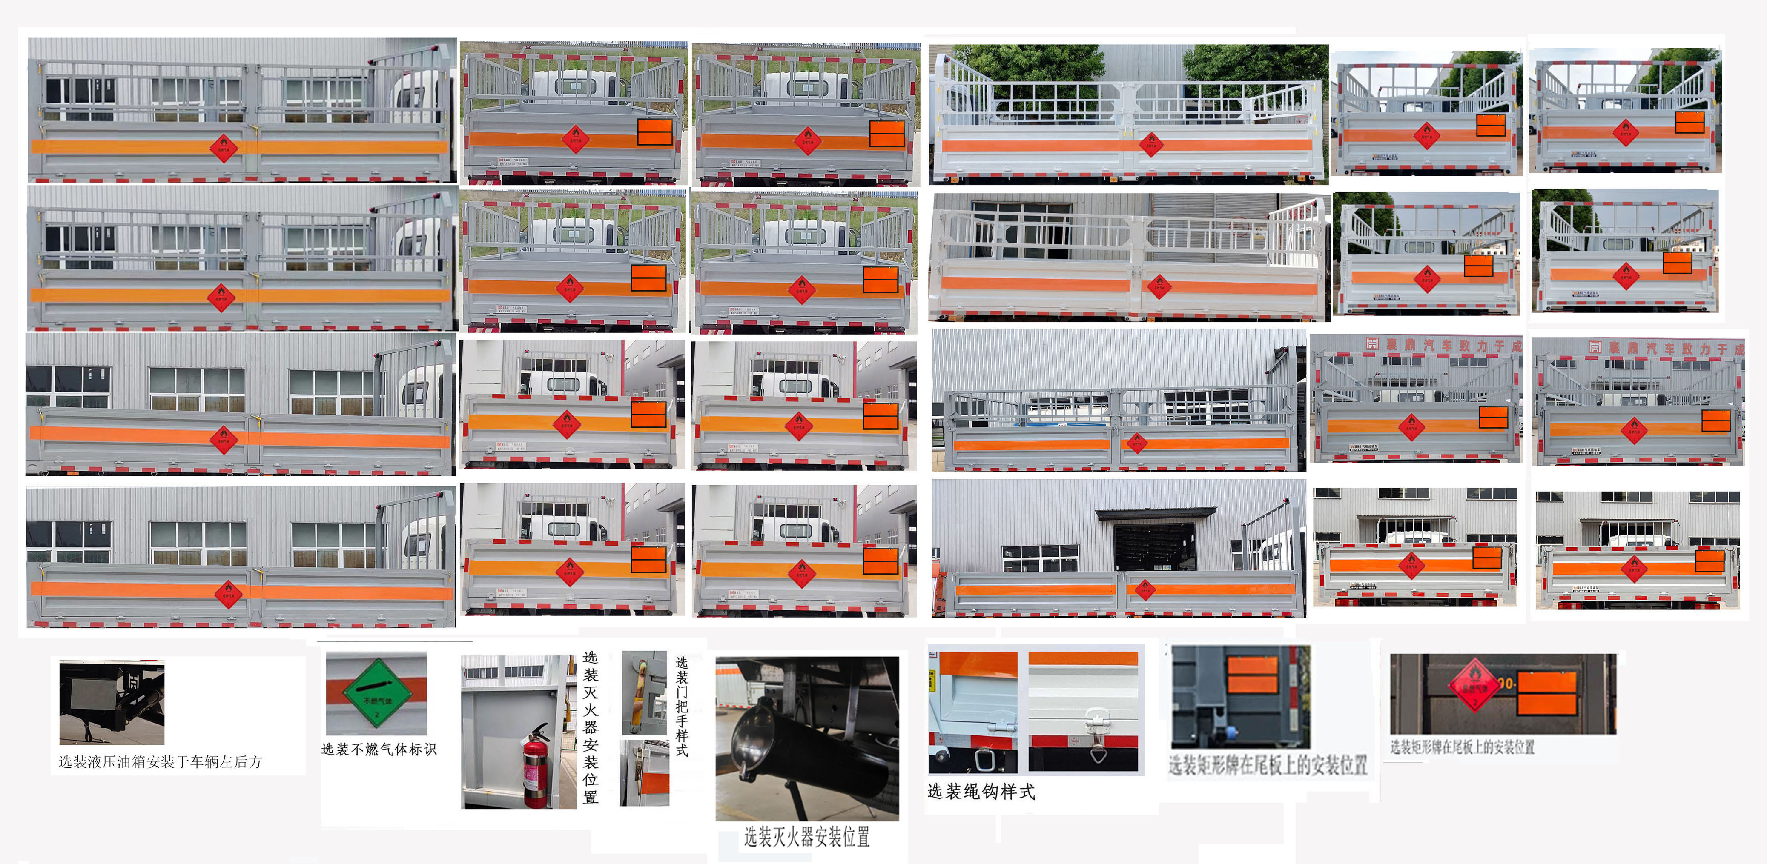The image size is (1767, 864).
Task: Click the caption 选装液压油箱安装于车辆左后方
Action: (160, 762)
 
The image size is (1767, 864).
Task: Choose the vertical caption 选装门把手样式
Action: (681, 706)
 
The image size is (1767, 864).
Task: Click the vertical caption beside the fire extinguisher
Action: (590, 727)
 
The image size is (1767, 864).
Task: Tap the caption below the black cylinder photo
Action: (807, 837)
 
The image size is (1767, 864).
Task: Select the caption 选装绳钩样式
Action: (981, 792)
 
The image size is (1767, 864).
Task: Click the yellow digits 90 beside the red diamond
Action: (1506, 684)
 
